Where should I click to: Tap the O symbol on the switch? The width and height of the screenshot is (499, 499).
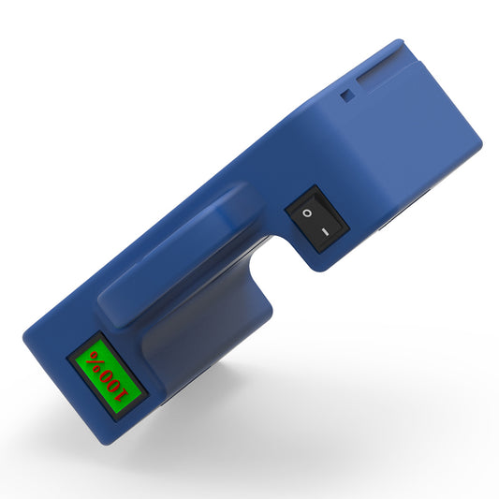306,214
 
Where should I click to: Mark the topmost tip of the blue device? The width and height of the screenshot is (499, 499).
398,41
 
